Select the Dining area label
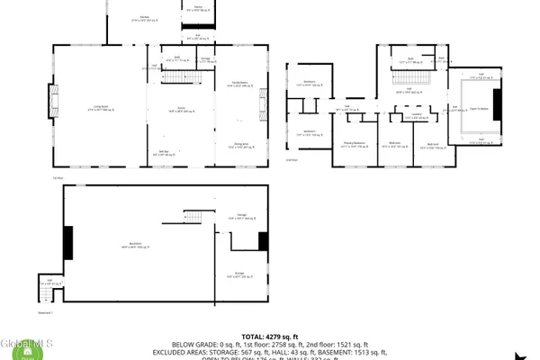coord(241,144)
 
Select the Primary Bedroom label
coord(353,143)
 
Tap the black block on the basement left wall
coord(67,241)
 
